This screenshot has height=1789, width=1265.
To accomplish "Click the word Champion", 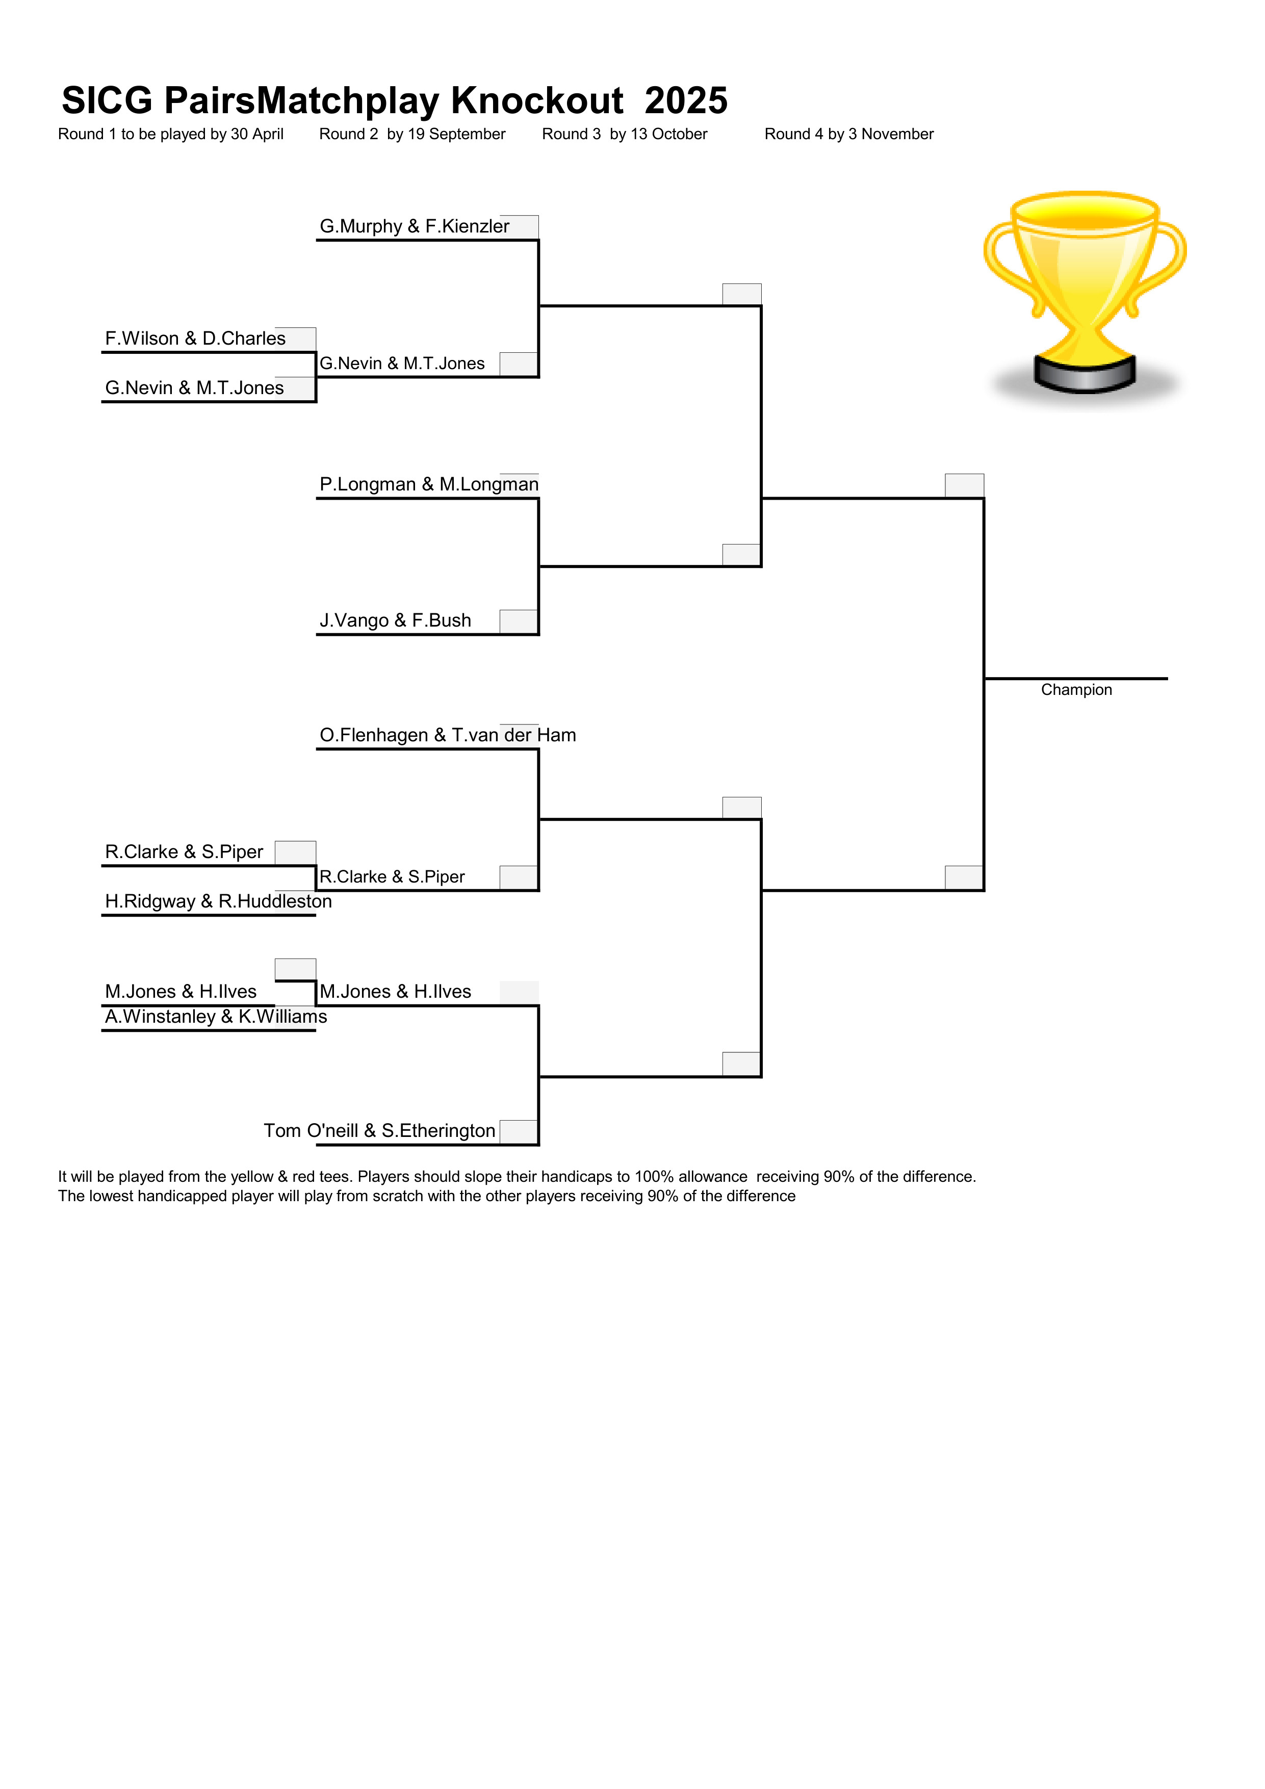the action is coord(1076,690).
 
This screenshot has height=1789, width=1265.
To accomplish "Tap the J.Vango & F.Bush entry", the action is coord(395,620).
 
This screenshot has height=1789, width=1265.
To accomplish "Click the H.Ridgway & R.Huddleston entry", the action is coord(218,901).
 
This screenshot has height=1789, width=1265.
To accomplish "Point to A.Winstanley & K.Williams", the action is coord(216,1016).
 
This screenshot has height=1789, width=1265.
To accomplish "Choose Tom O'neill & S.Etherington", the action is coord(379,1131).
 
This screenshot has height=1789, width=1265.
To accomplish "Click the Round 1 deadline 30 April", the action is coord(257,134).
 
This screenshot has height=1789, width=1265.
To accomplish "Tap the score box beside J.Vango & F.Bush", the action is coord(519,622).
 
